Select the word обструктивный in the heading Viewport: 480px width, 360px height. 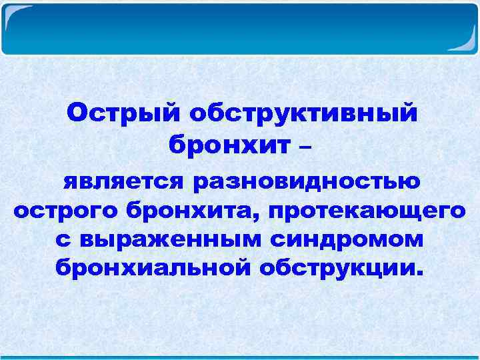tap(304, 113)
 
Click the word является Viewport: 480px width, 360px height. tap(123, 181)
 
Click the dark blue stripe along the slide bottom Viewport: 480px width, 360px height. tap(240, 357)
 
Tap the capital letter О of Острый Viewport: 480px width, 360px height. tap(75, 113)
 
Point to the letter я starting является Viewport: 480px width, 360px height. tap(70, 182)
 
